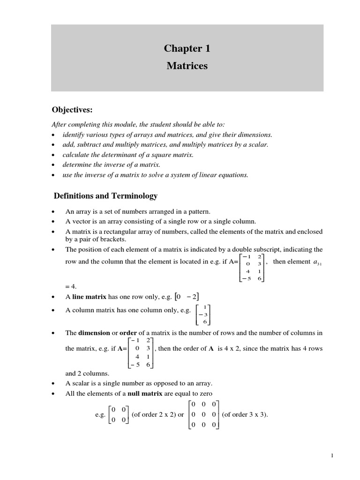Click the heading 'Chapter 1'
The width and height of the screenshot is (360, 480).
pyautogui.click(x=187, y=49)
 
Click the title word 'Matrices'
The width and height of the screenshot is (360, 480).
pyautogui.click(x=187, y=66)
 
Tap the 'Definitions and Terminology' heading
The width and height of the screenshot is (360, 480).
pyautogui.click(x=105, y=195)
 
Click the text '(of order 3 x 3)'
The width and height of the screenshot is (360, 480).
pyautogui.click(x=244, y=414)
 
